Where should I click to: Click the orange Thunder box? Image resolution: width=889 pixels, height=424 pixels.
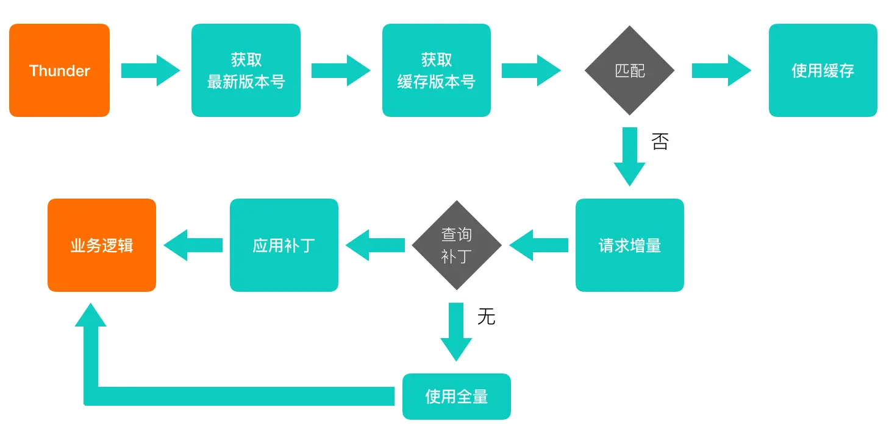[59, 71]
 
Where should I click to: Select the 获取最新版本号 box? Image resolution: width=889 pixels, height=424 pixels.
[246, 71]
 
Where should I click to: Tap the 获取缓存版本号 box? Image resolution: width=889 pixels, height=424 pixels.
[436, 71]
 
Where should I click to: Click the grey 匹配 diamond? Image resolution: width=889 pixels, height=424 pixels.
[629, 71]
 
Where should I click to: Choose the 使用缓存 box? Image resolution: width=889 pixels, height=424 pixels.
[823, 71]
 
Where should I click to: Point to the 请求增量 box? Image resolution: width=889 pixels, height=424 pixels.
[629, 246]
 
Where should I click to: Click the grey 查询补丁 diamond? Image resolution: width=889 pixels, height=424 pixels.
[456, 246]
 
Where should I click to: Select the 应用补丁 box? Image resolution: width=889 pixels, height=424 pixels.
[284, 246]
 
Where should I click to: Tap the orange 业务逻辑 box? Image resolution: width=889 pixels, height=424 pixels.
[102, 246]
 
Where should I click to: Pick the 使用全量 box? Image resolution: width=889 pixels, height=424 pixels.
[456, 397]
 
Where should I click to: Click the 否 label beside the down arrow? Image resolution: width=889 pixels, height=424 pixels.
[660, 142]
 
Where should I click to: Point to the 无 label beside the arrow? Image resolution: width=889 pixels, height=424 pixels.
[486, 317]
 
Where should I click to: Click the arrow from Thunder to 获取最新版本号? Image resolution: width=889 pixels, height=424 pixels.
[151, 71]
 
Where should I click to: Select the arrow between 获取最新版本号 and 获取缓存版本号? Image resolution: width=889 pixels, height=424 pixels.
[341, 71]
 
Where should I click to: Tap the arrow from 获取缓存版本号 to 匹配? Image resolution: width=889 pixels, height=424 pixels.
[531, 71]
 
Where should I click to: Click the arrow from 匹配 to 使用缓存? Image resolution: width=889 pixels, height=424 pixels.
[721, 71]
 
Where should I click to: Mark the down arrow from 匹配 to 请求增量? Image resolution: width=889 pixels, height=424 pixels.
[629, 157]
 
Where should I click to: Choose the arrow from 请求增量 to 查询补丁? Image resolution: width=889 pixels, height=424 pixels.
[538, 246]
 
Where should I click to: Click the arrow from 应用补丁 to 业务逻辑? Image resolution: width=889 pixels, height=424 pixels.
[193, 246]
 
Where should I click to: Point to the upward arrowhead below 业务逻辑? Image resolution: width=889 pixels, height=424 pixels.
[90, 317]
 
